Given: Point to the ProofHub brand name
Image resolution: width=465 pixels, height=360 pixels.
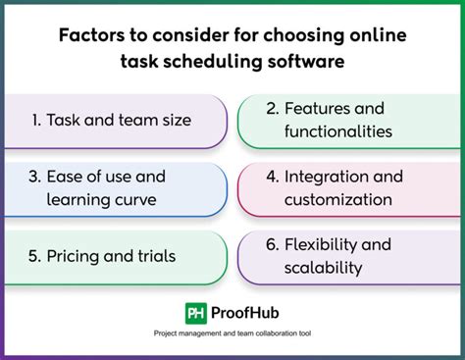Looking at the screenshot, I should coord(243,312).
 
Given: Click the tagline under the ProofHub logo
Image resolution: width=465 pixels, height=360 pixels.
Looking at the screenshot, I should coord(232,334).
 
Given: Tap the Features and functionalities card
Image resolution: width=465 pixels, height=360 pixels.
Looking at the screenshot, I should coord(348,121).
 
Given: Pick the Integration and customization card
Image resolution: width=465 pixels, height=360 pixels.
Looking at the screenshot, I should coord(348,188).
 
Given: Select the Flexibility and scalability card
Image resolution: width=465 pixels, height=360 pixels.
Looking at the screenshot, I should coord(348,256).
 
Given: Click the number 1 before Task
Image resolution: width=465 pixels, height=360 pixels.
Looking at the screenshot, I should coord(34,121).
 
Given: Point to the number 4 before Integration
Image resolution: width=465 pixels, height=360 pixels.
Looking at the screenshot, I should coord(272,178).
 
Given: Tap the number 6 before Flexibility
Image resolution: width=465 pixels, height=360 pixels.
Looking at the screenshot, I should coord(272,244).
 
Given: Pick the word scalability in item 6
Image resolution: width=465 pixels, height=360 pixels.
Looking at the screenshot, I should coord(323,267).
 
